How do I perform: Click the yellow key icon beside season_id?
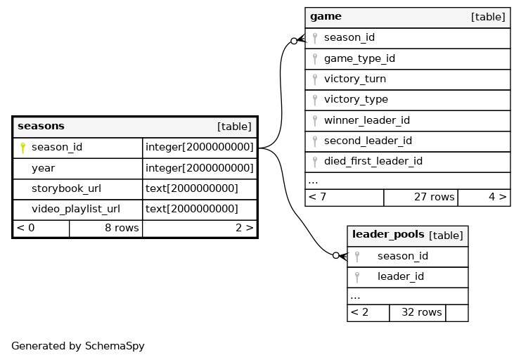(22, 148)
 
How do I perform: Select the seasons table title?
(41, 126)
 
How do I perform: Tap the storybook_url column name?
(66, 188)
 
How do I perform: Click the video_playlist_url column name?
(76, 209)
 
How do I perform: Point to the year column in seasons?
(43, 168)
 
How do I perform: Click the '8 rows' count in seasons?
(122, 228)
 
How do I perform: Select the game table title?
(326, 17)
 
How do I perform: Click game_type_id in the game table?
(359, 58)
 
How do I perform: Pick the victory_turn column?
(355, 79)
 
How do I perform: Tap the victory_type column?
(356, 99)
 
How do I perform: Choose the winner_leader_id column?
(367, 120)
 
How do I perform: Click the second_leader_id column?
(368, 141)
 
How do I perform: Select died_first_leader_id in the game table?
(373, 161)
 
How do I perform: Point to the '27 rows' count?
(434, 197)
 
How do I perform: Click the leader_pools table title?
(388, 234)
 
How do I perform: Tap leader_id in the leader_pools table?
(400, 276)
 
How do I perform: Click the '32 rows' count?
(422, 312)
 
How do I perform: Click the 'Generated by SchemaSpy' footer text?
(78, 346)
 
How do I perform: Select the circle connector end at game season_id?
(294, 41)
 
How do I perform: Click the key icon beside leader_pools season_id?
(357, 257)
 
